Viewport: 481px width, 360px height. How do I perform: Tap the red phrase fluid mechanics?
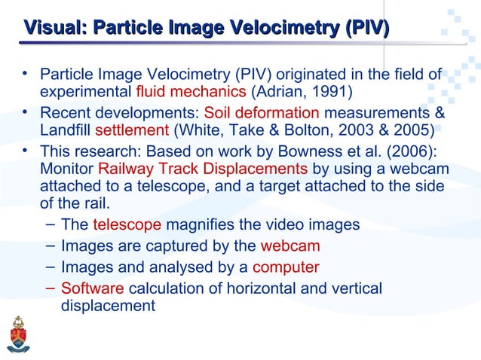[x=191, y=93]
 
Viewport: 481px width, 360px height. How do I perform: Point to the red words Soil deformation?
[x=262, y=113]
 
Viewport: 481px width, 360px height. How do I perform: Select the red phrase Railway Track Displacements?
[x=203, y=166]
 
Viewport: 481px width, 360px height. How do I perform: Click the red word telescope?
[x=127, y=225]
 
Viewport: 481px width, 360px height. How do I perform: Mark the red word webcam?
[x=290, y=246]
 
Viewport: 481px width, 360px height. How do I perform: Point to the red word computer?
[x=286, y=267]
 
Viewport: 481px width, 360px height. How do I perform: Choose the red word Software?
[x=93, y=288]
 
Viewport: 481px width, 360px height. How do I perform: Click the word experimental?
[x=85, y=93]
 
